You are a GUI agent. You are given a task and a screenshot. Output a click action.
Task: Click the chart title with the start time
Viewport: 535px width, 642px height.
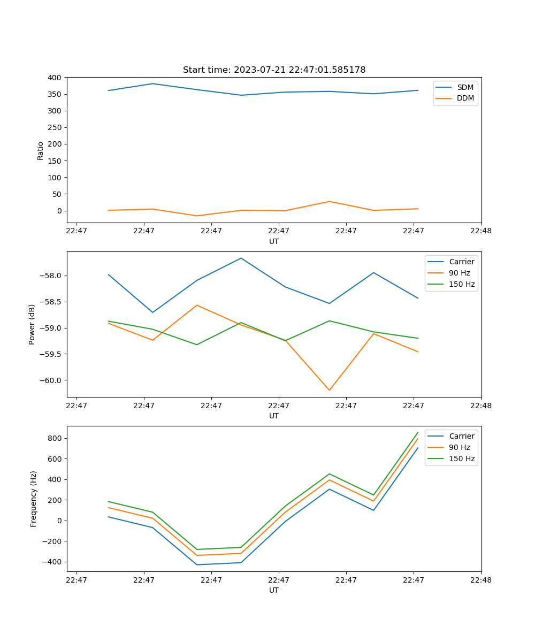(274, 70)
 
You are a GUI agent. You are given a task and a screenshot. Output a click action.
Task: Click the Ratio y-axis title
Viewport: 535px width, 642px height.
(41, 150)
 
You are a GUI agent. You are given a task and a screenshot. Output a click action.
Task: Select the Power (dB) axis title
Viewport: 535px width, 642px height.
(32, 324)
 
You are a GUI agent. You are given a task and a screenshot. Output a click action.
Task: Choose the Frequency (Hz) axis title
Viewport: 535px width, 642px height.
(34, 499)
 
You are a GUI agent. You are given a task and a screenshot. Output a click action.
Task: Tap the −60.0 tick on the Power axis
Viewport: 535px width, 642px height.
(52, 380)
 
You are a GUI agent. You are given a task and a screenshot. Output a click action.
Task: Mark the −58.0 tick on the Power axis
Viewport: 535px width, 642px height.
(52, 276)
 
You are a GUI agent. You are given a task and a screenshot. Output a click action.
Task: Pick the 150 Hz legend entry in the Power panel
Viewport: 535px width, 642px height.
(462, 284)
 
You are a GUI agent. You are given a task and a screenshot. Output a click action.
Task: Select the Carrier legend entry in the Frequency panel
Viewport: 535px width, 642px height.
(461, 436)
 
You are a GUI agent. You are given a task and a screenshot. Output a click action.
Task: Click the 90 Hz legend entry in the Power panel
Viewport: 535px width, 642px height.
(459, 273)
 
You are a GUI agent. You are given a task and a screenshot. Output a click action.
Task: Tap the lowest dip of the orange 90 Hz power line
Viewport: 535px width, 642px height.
(329, 390)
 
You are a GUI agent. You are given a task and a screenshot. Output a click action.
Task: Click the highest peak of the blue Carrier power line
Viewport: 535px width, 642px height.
(241, 258)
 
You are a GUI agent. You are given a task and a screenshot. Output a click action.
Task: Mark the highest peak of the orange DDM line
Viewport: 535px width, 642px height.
(329, 201)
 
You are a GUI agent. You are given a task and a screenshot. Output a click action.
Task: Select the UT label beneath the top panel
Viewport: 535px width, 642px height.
(274, 241)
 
